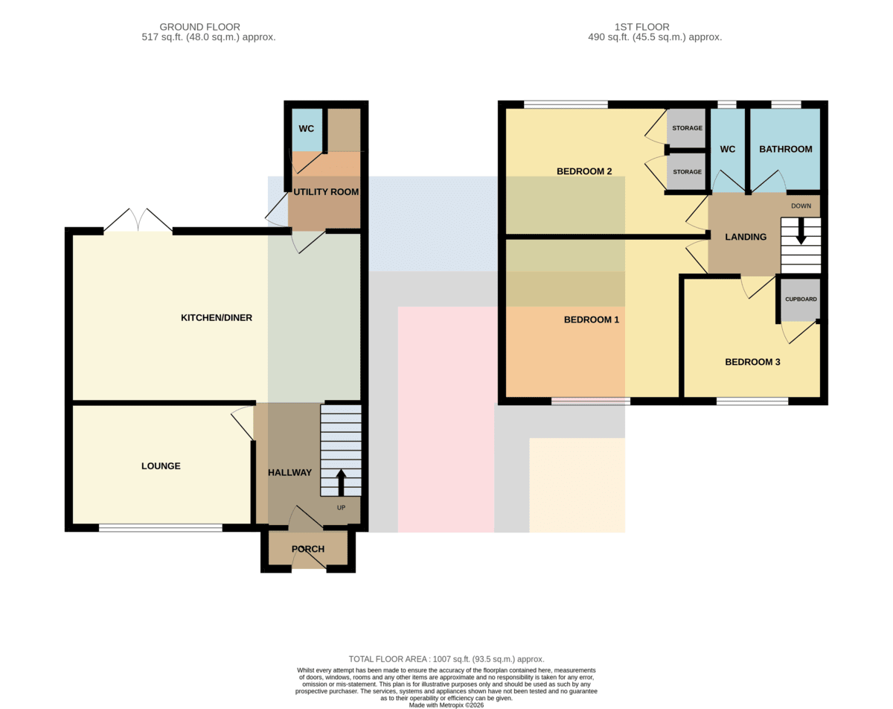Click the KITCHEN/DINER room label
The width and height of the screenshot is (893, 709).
click(217, 318)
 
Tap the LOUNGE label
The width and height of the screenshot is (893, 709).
click(161, 466)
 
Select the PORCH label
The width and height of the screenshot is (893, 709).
click(308, 549)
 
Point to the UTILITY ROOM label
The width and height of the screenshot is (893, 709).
click(326, 192)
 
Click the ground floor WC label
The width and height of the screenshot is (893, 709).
click(307, 129)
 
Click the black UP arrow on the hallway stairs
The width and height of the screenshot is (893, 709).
click(341, 483)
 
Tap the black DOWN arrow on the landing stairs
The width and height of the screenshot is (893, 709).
click(801, 231)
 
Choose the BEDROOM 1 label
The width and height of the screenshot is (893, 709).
click(592, 319)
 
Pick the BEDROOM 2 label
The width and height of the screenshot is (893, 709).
click(584, 171)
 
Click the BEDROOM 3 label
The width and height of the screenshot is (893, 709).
click(752, 362)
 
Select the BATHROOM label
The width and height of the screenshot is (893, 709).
click(786, 149)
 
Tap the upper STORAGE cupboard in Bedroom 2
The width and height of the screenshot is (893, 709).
click(687, 128)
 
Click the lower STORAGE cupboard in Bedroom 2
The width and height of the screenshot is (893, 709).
click(687, 171)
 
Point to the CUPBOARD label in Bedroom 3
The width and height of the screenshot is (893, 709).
click(801, 299)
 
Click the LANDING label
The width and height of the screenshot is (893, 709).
click(746, 237)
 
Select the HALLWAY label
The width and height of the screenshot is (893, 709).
click(289, 473)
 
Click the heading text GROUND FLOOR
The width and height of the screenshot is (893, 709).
click(199, 27)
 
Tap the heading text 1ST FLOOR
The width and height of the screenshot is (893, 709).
click(641, 27)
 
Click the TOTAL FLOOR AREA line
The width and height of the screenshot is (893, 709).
click(446, 659)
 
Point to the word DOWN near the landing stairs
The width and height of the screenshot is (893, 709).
click(801, 206)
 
